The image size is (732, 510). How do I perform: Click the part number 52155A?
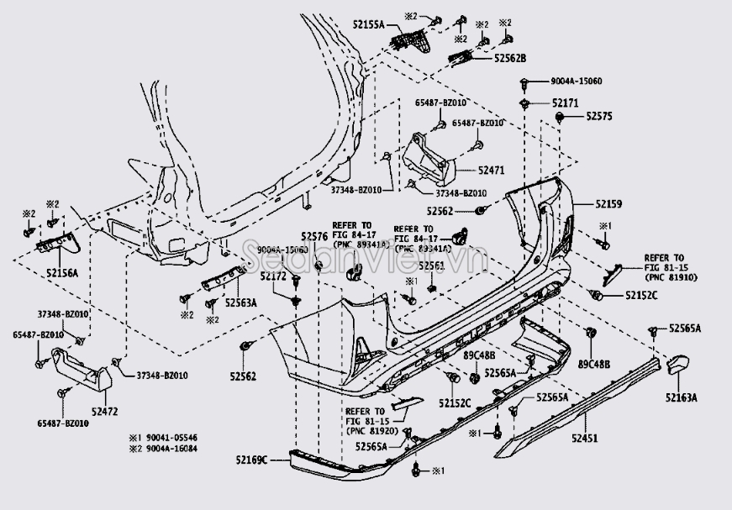367,27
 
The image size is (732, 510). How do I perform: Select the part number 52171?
566,103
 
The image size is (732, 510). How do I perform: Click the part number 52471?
492,171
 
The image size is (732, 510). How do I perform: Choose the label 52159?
609,203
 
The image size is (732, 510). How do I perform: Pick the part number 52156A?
62,273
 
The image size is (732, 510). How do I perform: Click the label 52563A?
241,303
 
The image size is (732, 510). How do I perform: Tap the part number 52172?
274,276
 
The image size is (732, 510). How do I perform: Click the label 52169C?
251,460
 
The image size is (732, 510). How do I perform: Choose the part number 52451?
586,438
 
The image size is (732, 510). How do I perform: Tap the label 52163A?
682,397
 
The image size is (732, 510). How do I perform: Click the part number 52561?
431,266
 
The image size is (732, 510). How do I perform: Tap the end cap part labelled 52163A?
677,365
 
